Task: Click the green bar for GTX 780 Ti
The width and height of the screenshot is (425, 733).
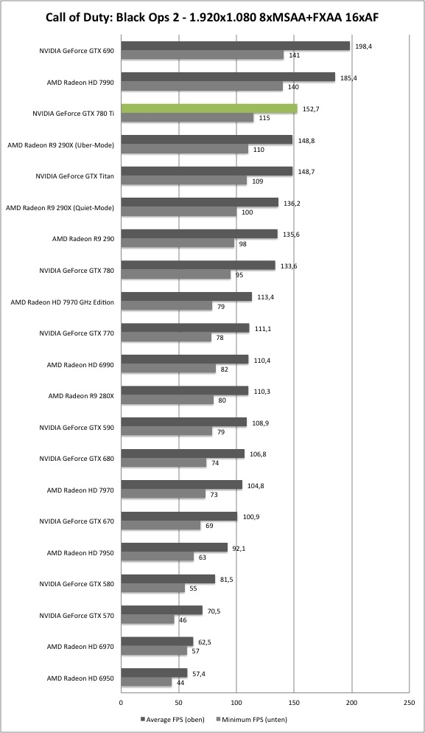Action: (209, 108)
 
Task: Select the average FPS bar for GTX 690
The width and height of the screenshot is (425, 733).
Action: (236, 46)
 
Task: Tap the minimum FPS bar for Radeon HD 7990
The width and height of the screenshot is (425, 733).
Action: (202, 86)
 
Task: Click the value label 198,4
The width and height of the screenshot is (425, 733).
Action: (363, 46)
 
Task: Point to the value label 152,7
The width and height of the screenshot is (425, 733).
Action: (311, 109)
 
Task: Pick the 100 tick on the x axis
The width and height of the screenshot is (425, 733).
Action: (236, 702)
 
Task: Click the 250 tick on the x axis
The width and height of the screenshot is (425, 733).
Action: (409, 702)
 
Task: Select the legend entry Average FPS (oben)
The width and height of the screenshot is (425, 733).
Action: (173, 720)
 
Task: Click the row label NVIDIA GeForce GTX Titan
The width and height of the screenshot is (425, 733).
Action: (74, 176)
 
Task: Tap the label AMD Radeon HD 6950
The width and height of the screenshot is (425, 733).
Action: (80, 678)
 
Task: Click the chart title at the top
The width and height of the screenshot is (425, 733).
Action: (212, 18)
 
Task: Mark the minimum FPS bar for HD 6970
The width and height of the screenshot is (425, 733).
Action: (154, 650)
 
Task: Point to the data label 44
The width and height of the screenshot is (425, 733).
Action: (180, 683)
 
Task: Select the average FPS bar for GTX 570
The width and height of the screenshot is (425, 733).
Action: (161, 610)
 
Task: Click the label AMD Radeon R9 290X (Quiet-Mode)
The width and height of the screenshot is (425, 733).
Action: (60, 207)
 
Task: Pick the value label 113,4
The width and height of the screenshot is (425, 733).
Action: (265, 297)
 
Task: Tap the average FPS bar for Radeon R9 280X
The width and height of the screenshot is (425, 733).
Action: (184, 390)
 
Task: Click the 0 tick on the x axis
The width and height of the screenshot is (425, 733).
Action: (121, 702)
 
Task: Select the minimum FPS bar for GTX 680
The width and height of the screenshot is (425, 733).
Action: (164, 463)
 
